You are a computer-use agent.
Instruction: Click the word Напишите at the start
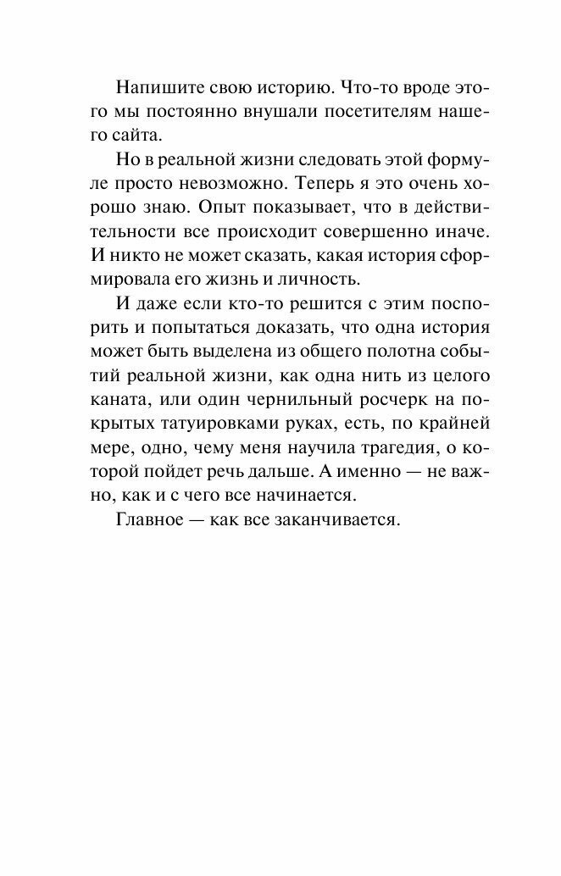point(156,88)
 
